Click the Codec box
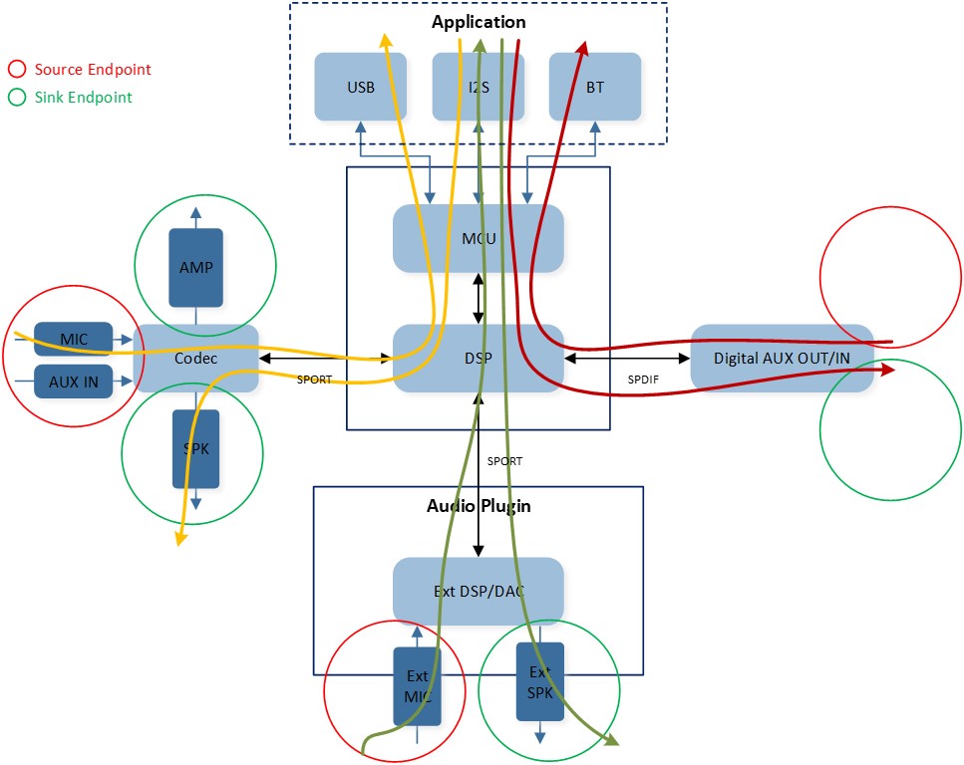point(195,358)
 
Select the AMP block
point(196,267)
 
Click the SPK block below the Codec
point(196,448)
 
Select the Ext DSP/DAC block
point(479,591)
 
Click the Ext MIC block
point(418,686)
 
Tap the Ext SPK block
point(539,681)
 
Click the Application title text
point(479,22)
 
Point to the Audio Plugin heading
point(479,506)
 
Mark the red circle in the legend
point(17,70)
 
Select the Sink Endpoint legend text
point(83,98)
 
